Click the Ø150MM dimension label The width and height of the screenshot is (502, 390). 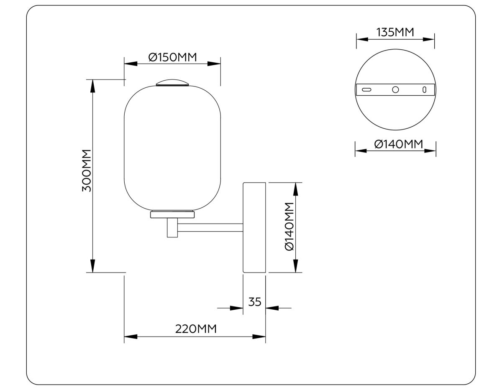(172, 57)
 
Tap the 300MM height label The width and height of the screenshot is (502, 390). (87, 171)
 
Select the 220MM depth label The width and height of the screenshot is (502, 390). (196, 329)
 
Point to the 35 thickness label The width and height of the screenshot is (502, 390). (255, 301)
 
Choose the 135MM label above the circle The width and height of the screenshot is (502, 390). (395, 32)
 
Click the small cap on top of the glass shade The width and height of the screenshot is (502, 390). (172, 82)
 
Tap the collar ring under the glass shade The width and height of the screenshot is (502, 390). (172, 214)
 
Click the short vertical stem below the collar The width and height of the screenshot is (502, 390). (172, 228)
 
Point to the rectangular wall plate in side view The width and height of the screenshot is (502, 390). (255, 227)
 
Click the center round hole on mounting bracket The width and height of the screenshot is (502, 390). (395, 89)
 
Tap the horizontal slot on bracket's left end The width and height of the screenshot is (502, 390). (367, 89)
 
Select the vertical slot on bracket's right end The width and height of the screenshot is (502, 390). (424, 89)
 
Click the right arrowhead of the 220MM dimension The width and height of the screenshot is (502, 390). (259, 336)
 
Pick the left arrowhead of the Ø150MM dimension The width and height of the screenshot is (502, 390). (131, 64)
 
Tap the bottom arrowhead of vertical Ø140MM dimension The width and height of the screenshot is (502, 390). (296, 266)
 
